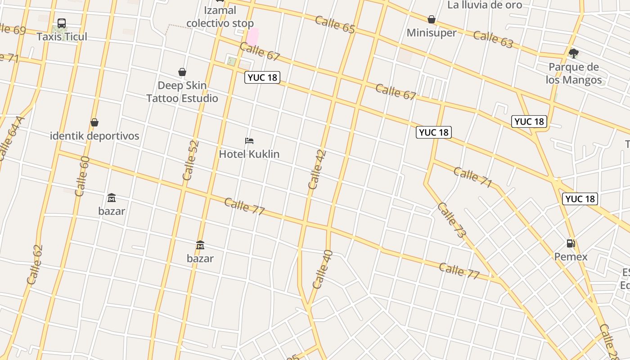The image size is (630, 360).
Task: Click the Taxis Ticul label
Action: click(x=62, y=36)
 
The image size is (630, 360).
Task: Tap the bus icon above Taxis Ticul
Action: click(x=62, y=23)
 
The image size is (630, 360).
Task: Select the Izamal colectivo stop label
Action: click(x=220, y=17)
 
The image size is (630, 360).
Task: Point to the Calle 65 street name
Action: click(x=335, y=24)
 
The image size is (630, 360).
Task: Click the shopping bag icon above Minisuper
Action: click(x=432, y=19)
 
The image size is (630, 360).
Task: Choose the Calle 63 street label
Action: click(x=493, y=40)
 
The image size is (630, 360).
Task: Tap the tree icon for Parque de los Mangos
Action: click(x=573, y=54)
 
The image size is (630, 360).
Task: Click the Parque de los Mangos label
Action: click(x=574, y=73)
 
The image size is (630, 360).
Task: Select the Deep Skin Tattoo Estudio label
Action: click(x=182, y=92)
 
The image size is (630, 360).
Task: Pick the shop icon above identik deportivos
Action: click(x=94, y=122)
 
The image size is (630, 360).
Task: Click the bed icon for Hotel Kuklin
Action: click(x=249, y=141)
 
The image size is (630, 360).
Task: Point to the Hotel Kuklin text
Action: click(x=249, y=154)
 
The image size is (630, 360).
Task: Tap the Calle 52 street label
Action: click(x=191, y=161)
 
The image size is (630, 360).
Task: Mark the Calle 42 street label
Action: click(x=317, y=169)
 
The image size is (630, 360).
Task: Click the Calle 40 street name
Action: click(x=322, y=269)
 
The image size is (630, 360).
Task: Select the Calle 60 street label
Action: click(x=82, y=176)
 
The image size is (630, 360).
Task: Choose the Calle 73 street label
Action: click(x=451, y=220)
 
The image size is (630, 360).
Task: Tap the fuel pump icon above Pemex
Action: click(x=571, y=243)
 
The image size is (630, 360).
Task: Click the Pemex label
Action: click(x=571, y=257)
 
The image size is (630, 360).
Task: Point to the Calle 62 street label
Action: click(x=35, y=265)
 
